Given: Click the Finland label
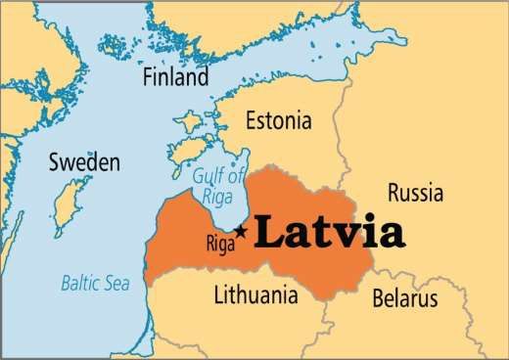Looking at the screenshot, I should [x=175, y=76].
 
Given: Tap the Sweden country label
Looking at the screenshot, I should [x=84, y=161].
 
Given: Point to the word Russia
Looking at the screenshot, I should [x=416, y=190].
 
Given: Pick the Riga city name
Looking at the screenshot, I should [x=220, y=244].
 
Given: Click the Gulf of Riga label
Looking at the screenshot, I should [x=217, y=185].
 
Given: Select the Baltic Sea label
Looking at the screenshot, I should [x=95, y=285].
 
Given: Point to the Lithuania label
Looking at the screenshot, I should [x=257, y=294].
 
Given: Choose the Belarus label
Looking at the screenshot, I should [x=405, y=297].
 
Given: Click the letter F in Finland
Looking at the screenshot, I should [x=148, y=76].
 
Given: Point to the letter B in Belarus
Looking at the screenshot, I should [x=379, y=297].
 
